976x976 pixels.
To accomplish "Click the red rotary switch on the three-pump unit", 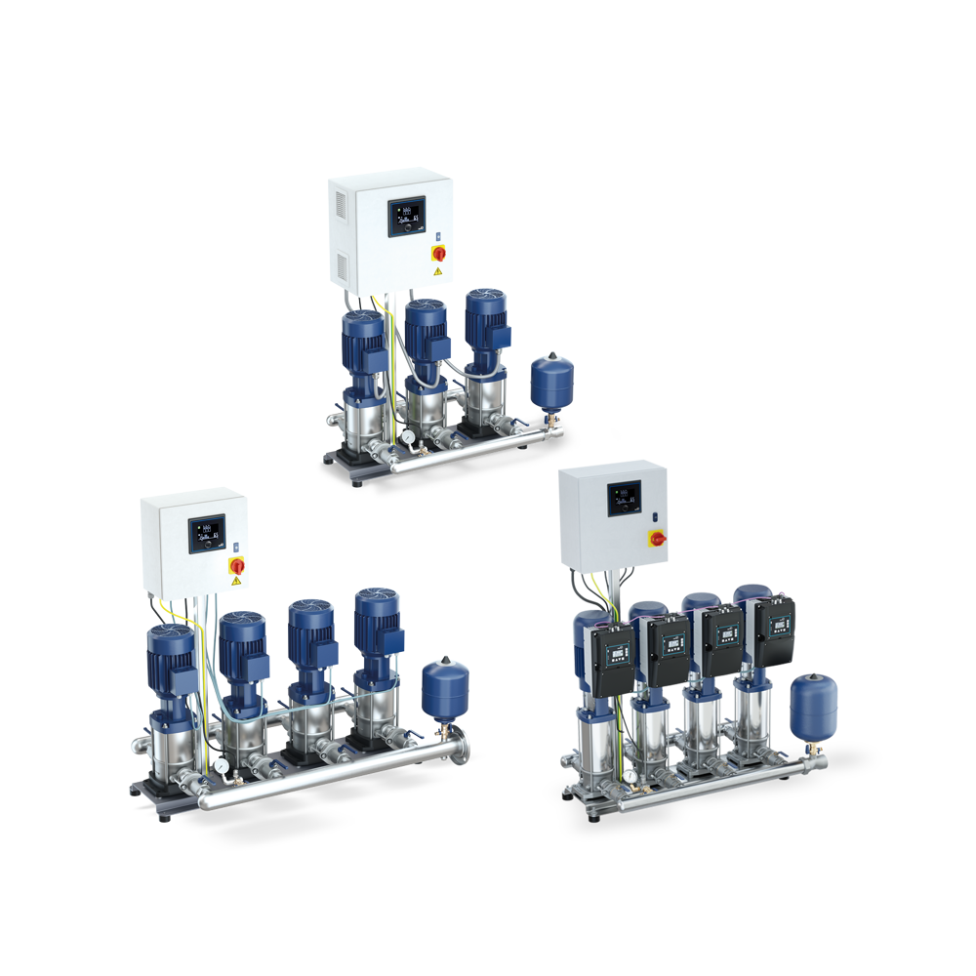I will coord(438,253).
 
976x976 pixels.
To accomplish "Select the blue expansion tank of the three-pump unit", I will coord(551,382).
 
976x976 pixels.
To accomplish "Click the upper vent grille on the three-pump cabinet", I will coord(339,205).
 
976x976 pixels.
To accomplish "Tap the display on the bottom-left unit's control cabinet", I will coord(206,531).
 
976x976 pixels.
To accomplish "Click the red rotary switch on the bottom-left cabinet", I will coord(236,565).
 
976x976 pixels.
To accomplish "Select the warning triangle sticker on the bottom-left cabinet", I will coord(236,583).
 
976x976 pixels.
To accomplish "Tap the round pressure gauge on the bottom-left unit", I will coord(223,767).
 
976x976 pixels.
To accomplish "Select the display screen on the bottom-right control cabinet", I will coord(624,500).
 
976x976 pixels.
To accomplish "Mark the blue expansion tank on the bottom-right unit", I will coord(813,706).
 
